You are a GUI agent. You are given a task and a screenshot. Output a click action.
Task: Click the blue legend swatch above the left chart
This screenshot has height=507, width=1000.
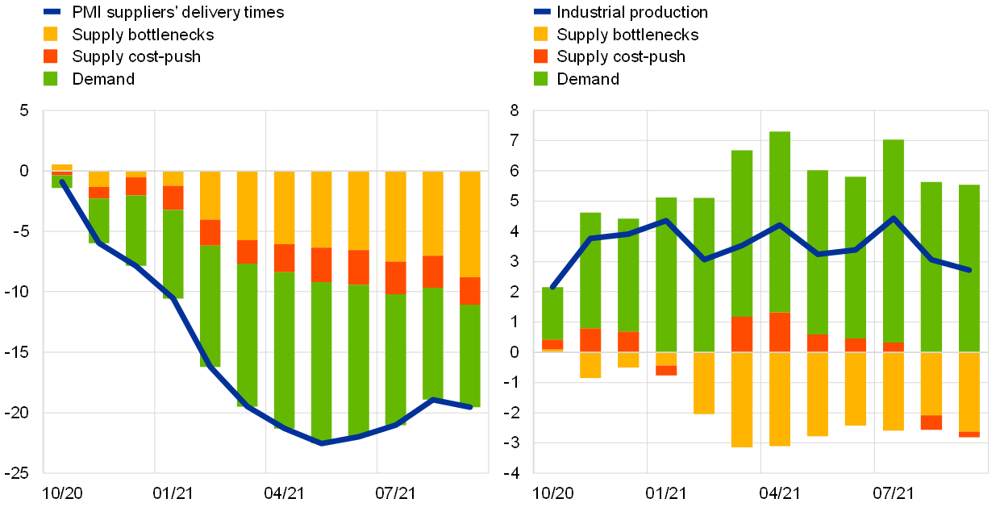click(x=52, y=11)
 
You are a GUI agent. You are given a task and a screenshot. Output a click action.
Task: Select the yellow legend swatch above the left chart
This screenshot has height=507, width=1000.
click(x=51, y=34)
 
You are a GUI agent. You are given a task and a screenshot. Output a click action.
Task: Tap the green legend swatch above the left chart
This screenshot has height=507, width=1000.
click(x=51, y=78)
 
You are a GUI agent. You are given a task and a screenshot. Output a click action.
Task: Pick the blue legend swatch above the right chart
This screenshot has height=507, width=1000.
click(x=542, y=11)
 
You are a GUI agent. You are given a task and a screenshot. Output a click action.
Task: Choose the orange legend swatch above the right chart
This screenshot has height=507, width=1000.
click(x=541, y=56)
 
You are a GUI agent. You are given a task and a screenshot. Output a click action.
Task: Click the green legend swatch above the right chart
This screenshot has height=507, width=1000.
click(x=541, y=78)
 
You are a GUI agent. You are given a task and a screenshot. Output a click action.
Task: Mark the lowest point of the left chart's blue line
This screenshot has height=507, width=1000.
click(x=322, y=443)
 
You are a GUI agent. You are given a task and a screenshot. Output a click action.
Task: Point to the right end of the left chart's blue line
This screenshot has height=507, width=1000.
click(x=471, y=408)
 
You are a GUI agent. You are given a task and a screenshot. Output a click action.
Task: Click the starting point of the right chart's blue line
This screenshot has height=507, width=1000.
click(x=552, y=288)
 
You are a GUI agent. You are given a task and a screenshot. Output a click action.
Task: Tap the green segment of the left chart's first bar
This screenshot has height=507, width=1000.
click(x=62, y=183)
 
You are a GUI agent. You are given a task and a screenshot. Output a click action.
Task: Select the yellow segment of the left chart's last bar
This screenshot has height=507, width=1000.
click(x=470, y=224)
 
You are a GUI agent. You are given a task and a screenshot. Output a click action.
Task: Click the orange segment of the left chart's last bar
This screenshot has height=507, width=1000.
click(x=470, y=290)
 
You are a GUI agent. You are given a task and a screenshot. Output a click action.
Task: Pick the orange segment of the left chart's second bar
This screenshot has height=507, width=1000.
click(x=99, y=193)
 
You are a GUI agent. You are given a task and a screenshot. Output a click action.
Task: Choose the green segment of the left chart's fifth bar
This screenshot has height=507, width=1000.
click(x=210, y=306)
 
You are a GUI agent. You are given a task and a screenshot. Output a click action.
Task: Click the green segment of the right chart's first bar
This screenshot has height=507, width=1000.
click(x=552, y=313)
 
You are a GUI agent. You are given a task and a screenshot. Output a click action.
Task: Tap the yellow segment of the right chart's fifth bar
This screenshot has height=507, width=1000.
click(x=704, y=383)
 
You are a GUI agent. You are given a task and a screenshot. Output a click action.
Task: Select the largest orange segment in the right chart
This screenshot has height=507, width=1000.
click(x=780, y=332)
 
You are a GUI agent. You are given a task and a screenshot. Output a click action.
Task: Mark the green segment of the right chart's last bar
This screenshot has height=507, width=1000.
click(x=969, y=268)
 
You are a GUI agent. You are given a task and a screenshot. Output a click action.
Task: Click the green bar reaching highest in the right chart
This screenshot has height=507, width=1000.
click(x=780, y=222)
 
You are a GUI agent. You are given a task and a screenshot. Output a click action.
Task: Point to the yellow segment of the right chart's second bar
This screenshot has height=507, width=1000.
click(x=590, y=365)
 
